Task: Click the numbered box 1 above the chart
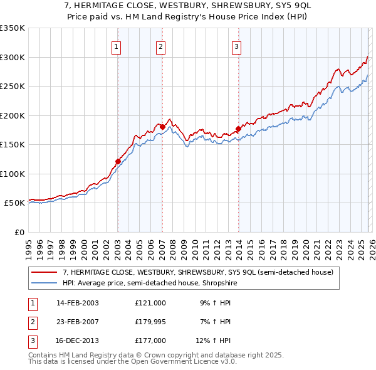click(x=117, y=46)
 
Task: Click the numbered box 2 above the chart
click(x=161, y=46)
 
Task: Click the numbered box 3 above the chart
click(x=237, y=46)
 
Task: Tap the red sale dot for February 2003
click(x=118, y=161)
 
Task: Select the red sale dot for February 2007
click(x=162, y=127)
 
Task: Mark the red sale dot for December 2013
click(x=238, y=129)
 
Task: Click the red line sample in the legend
click(x=44, y=272)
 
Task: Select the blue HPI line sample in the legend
click(x=44, y=283)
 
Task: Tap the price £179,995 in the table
click(x=150, y=322)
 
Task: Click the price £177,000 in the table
click(x=150, y=341)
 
